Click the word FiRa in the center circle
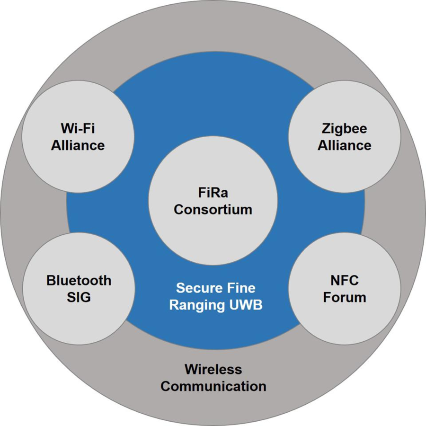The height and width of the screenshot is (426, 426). click(x=213, y=193)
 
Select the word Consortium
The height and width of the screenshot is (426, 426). click(x=213, y=210)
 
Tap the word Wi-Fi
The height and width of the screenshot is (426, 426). click(x=78, y=128)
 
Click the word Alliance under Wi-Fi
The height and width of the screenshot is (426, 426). click(x=78, y=145)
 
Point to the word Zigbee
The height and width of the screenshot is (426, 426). click(x=344, y=129)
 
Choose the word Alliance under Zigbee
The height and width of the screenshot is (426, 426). click(x=344, y=145)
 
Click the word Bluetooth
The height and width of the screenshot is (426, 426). click(x=79, y=280)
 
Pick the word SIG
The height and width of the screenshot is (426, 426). click(x=79, y=297)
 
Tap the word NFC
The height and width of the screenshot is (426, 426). click(x=344, y=280)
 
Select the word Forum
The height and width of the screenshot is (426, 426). click(x=344, y=297)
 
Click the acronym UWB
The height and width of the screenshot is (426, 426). click(x=246, y=305)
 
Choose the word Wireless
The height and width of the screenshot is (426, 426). click(x=213, y=369)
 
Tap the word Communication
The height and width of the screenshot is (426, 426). click(x=213, y=386)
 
